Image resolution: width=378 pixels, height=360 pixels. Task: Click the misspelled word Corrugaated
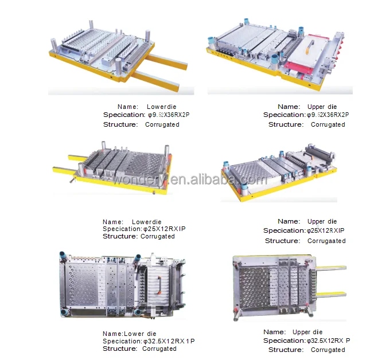[x=326, y=241]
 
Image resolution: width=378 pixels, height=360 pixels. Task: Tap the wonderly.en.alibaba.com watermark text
[x=189, y=180]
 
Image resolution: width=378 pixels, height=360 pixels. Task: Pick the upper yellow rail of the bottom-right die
[x=331, y=268]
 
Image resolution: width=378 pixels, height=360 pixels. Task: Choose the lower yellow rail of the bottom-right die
[x=331, y=294]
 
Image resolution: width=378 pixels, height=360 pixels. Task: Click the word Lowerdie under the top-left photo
[x=162, y=107]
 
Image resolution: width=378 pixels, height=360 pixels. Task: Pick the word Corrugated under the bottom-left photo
[x=159, y=349]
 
